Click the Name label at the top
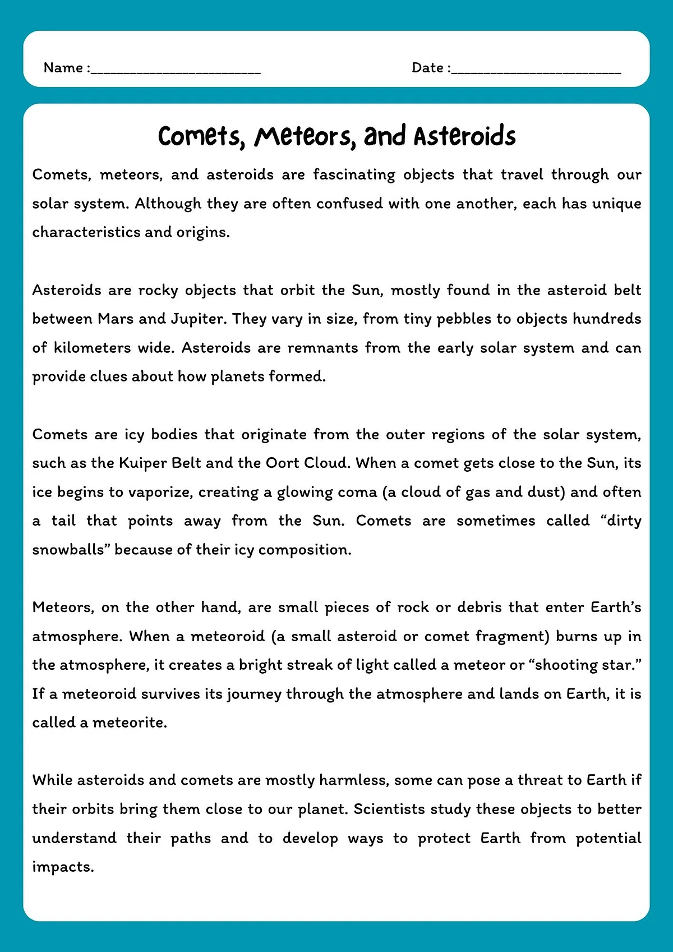pos(63,68)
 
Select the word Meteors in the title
pos(305,136)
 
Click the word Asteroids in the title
pos(464,136)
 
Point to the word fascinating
pos(354,174)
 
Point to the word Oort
pos(279,463)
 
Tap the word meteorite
pos(129,723)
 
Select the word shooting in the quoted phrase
pos(565,665)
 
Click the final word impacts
pos(62,867)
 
